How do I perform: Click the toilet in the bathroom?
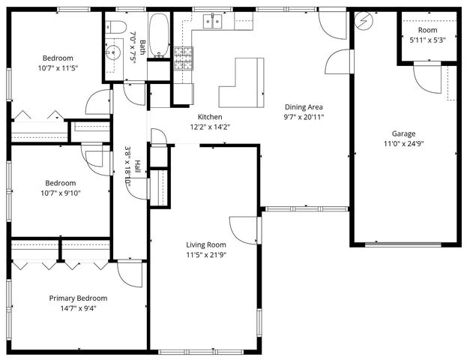(x=118, y=27)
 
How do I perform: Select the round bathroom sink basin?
(x=114, y=52)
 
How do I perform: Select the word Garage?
(x=404, y=133)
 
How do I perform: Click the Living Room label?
(x=206, y=244)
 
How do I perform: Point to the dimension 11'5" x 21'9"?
(x=206, y=254)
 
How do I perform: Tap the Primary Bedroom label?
(x=78, y=298)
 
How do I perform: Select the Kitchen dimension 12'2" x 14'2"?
(x=209, y=127)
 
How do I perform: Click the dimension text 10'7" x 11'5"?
(x=58, y=67)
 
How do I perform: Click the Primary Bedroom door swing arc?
(x=129, y=274)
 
